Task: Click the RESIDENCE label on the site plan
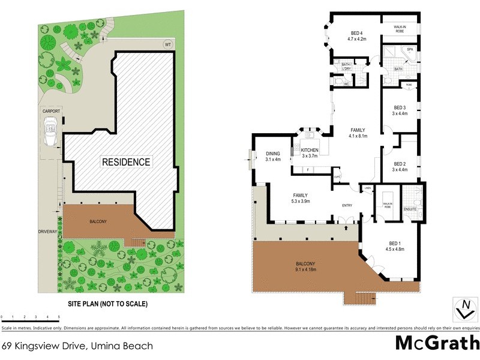(x=126, y=162)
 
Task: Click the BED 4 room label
(x=358, y=36)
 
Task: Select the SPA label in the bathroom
(x=410, y=49)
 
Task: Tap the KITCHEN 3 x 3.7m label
(x=310, y=152)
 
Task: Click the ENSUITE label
(x=410, y=209)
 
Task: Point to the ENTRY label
(x=347, y=206)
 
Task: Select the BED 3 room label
(x=400, y=110)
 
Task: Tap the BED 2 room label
(x=400, y=166)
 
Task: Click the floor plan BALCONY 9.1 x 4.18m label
(x=306, y=266)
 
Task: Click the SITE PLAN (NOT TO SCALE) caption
(x=107, y=304)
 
